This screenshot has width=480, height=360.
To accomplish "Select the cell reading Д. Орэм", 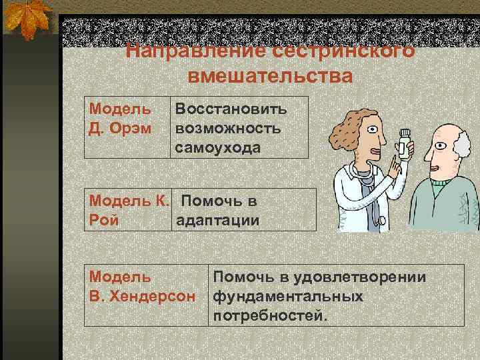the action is [x=120, y=127].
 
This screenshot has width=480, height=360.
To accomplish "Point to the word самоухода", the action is [x=218, y=147].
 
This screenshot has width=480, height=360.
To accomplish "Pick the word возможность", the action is [x=228, y=127].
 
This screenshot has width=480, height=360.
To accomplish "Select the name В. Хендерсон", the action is [x=143, y=295].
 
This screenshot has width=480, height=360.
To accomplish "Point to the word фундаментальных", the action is [x=288, y=295].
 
